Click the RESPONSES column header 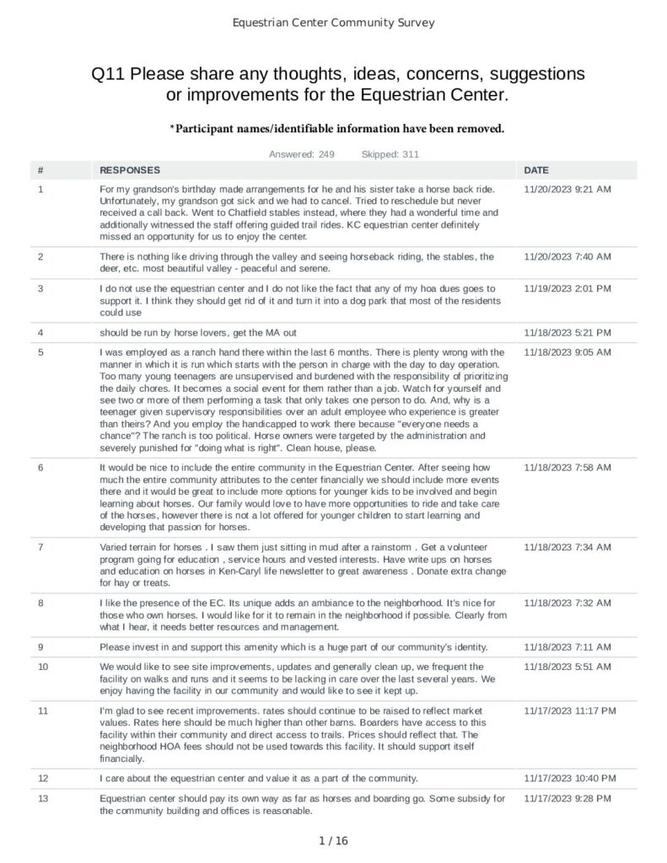point(129,170)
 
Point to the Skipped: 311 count point(390,154)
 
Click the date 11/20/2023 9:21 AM point(567,189)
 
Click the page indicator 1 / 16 point(333,840)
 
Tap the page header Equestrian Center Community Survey point(333,23)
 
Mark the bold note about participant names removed point(336,128)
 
